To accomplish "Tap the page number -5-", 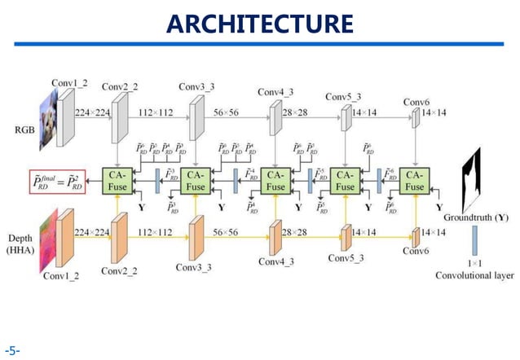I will click(x=11, y=351).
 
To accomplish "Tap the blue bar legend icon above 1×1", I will click(x=474, y=240).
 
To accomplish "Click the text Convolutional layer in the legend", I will click(x=474, y=275).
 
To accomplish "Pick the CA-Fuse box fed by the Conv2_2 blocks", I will click(x=116, y=180).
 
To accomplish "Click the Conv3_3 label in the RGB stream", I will click(x=196, y=86).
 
